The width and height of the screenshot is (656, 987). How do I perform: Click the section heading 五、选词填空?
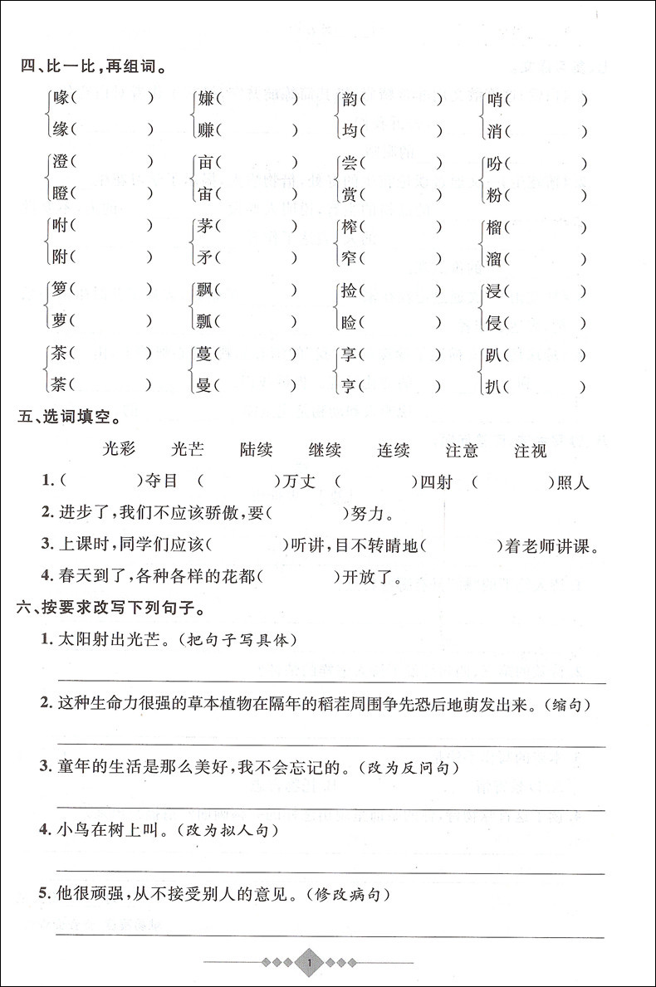(x=68, y=413)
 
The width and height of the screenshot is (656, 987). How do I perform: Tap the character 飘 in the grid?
(x=206, y=291)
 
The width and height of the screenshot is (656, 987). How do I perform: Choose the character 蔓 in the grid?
(x=206, y=355)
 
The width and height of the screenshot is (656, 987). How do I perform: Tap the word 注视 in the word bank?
(x=531, y=451)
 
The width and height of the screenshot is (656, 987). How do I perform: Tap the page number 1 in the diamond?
(x=308, y=963)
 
